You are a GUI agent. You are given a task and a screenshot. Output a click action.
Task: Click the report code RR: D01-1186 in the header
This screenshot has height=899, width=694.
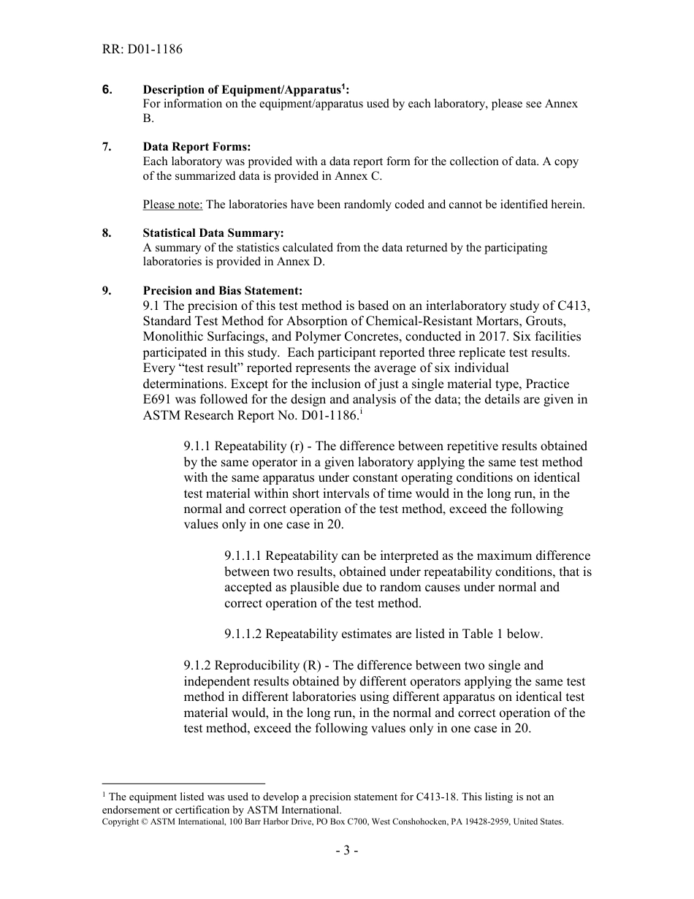pos(142,50)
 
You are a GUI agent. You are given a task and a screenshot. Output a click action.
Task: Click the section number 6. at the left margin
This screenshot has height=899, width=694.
pos(107,89)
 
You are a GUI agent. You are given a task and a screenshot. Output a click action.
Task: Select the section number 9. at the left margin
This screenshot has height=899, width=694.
pos(107,291)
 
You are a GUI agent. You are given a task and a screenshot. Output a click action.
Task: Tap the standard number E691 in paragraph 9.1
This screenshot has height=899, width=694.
pos(159,400)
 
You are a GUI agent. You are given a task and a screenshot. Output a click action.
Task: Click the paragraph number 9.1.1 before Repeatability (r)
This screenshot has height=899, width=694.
pos(197,447)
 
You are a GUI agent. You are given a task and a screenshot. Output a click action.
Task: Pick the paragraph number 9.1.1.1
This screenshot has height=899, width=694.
pos(244,556)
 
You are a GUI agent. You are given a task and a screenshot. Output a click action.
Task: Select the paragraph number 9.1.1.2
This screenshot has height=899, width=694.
pos(244,634)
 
